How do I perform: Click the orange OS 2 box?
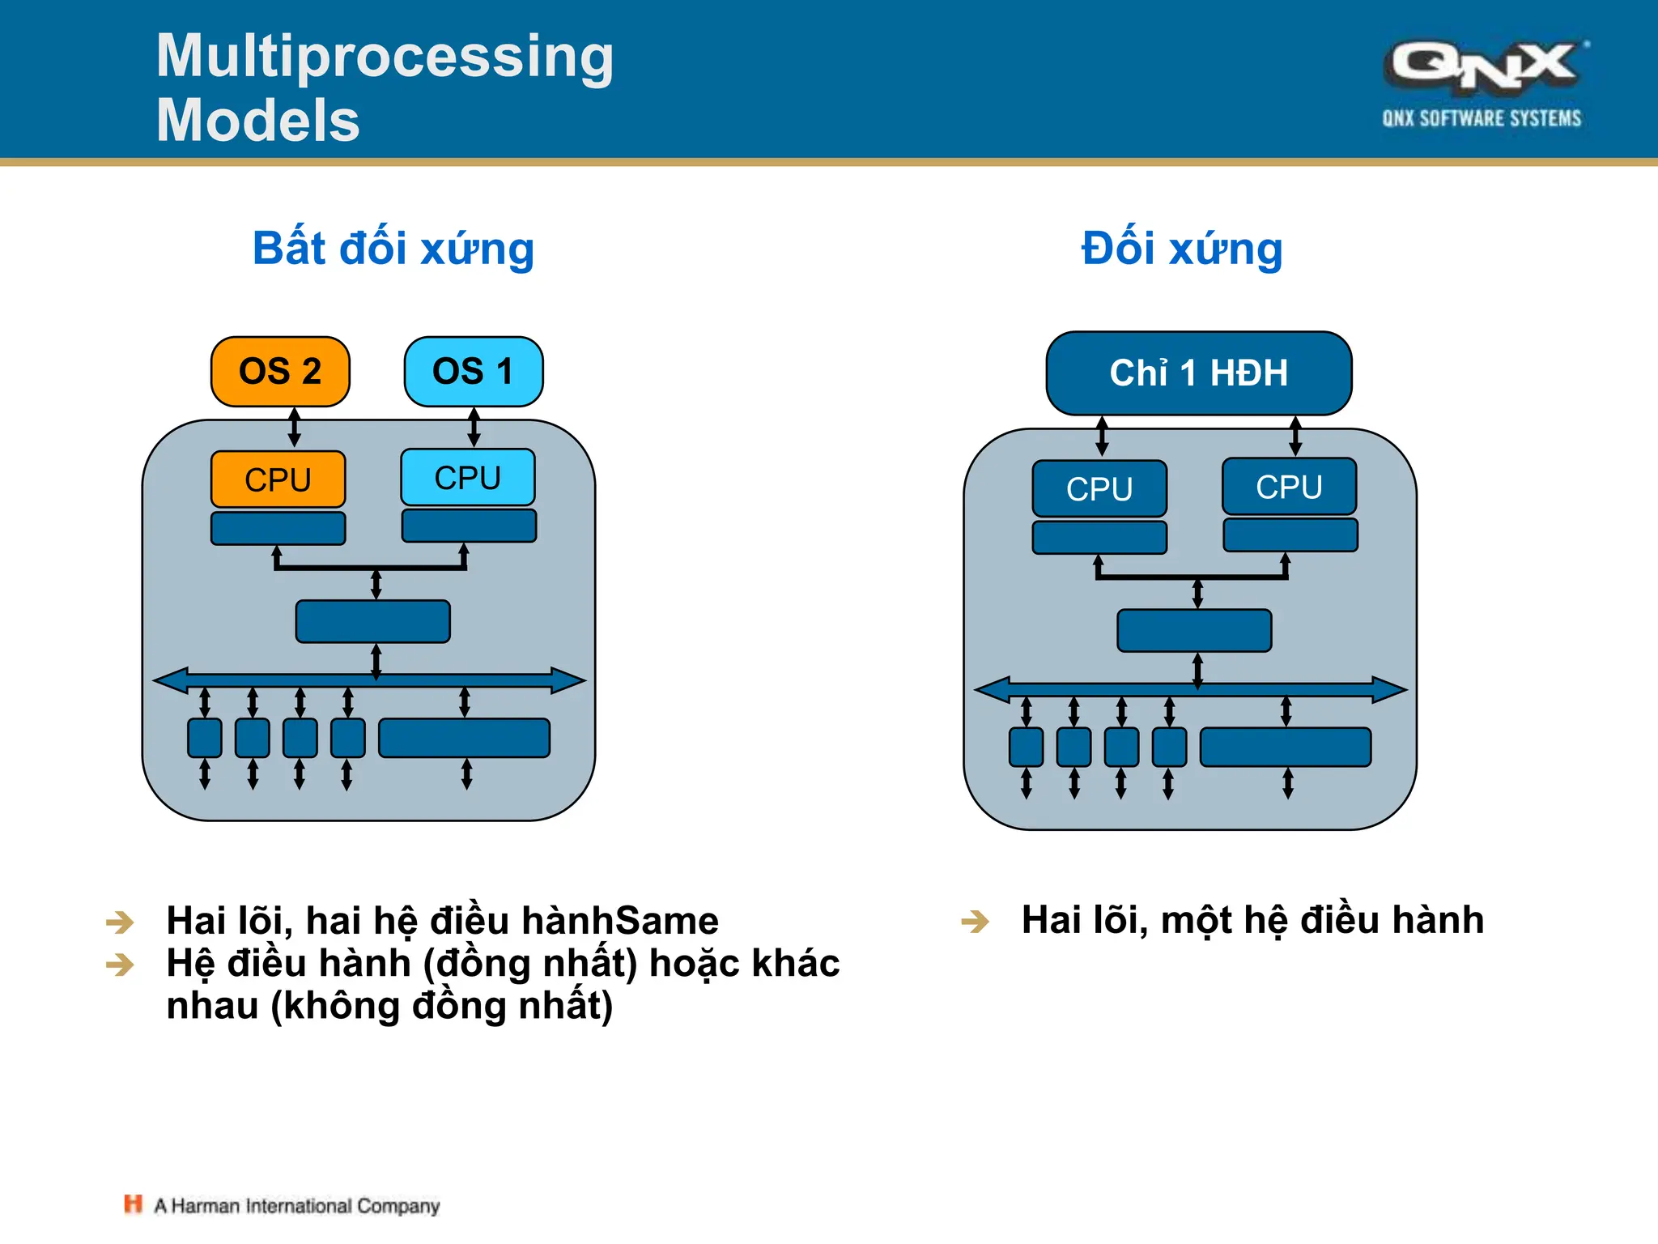click(280, 372)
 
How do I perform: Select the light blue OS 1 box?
click(474, 372)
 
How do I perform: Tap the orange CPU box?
click(278, 479)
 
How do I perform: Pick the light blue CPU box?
click(468, 478)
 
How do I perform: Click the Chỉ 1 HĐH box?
click(1198, 373)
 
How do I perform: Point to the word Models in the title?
click(257, 120)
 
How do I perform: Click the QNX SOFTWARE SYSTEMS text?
click(1482, 118)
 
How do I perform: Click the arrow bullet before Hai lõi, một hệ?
click(975, 922)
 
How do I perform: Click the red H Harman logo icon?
click(133, 1204)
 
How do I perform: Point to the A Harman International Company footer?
click(297, 1206)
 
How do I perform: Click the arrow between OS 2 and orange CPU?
click(295, 427)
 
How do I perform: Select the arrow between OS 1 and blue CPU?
click(474, 427)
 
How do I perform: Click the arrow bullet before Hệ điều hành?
click(120, 964)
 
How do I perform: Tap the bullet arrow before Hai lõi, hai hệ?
click(120, 922)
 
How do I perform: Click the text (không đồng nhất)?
click(442, 1006)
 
